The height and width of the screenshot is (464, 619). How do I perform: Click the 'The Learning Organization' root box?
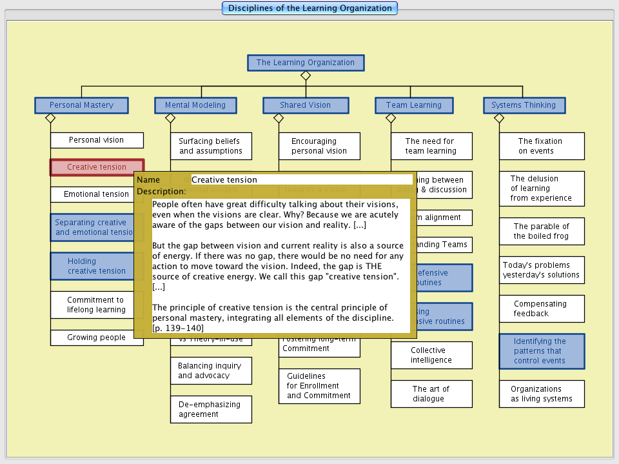coord(306,63)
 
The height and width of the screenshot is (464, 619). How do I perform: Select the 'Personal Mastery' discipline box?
coord(81,105)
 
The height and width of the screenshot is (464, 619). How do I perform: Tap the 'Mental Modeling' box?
coord(195,105)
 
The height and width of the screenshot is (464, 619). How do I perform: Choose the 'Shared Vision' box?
coord(305,105)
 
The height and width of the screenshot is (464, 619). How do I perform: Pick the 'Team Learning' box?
coord(413,105)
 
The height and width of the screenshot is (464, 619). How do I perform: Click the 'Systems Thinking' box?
coord(524,105)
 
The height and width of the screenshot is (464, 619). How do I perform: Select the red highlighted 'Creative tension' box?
coord(97,167)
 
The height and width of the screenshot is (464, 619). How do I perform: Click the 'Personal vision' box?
coord(97,140)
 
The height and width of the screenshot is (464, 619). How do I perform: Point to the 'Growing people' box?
coord(97,338)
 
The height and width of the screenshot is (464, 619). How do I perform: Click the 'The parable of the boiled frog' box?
coord(542,231)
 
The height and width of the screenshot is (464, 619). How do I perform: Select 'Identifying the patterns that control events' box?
coord(542,351)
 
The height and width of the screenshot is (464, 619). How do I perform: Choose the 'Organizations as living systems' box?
coord(542,394)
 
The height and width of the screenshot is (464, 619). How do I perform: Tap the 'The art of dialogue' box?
coord(431,394)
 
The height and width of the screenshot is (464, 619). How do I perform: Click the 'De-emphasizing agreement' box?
coord(211,409)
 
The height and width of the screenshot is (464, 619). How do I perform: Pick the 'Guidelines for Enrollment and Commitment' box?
coord(319,386)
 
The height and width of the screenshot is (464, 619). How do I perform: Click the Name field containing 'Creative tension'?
coord(302,180)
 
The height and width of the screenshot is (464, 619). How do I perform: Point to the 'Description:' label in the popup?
coord(161,192)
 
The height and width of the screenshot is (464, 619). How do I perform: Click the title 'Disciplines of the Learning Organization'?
coord(309,8)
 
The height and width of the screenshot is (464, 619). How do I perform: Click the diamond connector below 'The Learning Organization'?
coord(306,76)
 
